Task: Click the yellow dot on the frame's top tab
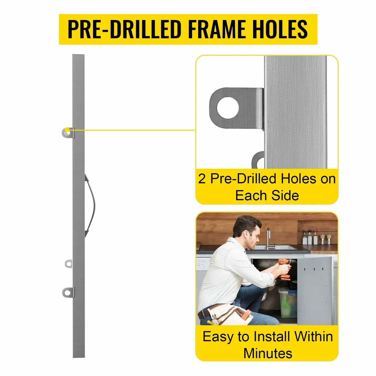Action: click(x=67, y=130)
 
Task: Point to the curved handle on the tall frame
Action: click(x=89, y=204)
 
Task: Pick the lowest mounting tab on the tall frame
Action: click(x=68, y=292)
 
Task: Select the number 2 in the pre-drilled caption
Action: click(x=202, y=179)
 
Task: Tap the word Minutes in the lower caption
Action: click(x=268, y=353)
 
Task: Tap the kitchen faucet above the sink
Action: click(x=268, y=237)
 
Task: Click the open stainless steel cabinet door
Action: click(x=315, y=288)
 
